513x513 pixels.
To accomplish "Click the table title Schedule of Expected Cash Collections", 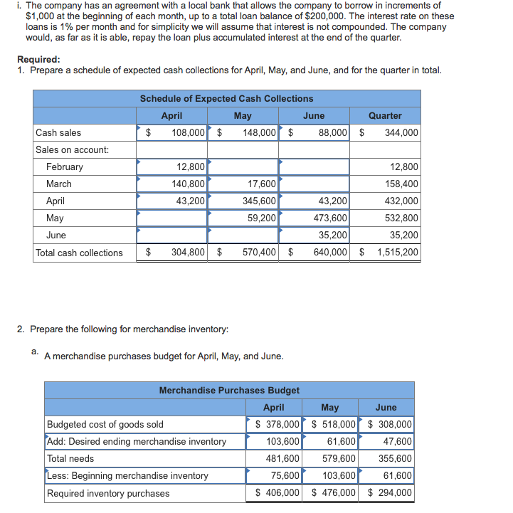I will [x=226, y=98].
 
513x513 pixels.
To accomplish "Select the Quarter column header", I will [x=385, y=115].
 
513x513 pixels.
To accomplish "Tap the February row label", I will [x=65, y=166].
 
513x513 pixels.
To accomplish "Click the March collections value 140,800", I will [x=189, y=184].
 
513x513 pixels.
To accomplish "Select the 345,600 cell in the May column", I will [x=260, y=201].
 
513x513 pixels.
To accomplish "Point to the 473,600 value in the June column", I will [x=331, y=218].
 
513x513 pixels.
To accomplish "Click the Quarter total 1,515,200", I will [x=397, y=253].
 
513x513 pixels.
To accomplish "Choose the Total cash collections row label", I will [x=79, y=253].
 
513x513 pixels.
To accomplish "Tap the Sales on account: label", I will [x=73, y=149].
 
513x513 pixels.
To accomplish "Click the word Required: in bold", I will [x=38, y=60].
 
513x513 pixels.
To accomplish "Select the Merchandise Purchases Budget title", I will [x=229, y=390].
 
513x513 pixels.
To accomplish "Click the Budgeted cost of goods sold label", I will [x=105, y=424].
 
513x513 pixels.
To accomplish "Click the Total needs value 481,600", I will [x=283, y=458].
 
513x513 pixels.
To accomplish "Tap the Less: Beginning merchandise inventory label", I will [x=128, y=475].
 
